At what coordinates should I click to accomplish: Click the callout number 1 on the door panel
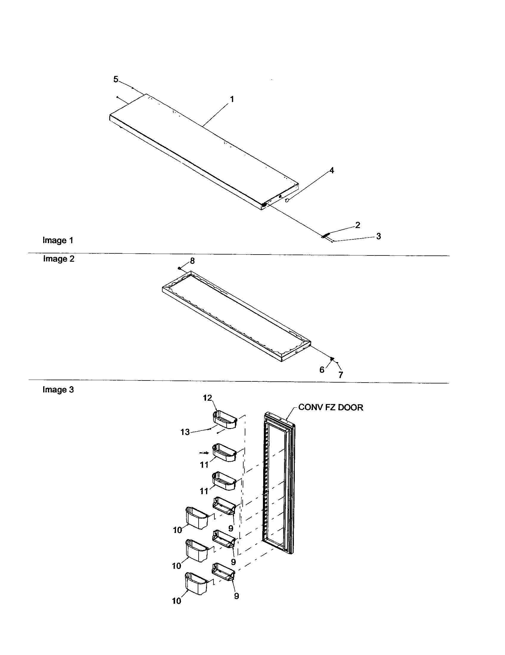(x=232, y=99)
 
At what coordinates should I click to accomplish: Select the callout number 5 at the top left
(x=116, y=79)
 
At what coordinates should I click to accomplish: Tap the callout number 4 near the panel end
(x=331, y=170)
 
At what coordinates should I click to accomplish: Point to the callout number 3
(x=378, y=236)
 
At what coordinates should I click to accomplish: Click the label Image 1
(x=57, y=240)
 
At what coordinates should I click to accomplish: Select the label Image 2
(x=58, y=259)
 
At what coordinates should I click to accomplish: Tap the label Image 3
(x=58, y=390)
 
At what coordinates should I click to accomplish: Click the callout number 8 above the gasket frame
(x=192, y=261)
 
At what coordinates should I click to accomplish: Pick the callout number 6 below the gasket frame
(x=322, y=370)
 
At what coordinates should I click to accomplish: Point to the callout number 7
(x=341, y=375)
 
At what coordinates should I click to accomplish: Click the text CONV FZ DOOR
(x=331, y=407)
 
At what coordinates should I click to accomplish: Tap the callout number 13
(x=185, y=432)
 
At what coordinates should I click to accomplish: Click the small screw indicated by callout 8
(x=179, y=268)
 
